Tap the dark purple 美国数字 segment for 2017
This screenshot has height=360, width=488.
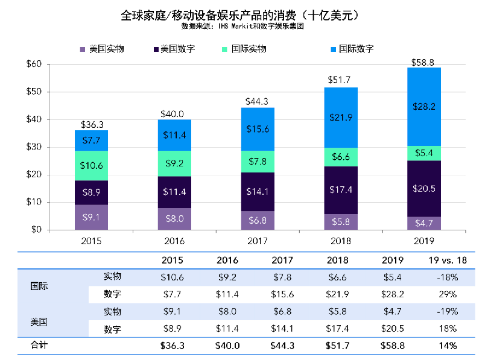coord(258,192)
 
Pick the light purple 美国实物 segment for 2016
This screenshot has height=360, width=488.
coord(174,219)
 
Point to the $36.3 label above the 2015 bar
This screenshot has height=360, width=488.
coord(92,125)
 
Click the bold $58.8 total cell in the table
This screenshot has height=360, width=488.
coord(393,346)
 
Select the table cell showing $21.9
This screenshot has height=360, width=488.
coord(338,294)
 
